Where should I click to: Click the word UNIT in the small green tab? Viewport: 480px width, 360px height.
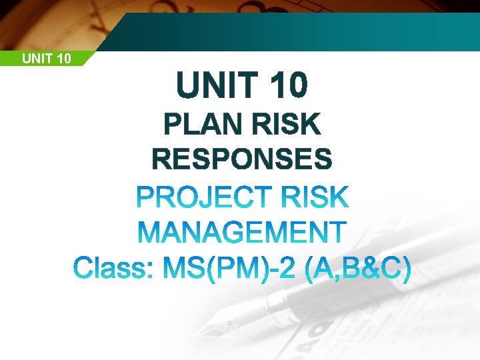[x=35, y=59]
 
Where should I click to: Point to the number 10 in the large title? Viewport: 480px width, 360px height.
[x=289, y=85]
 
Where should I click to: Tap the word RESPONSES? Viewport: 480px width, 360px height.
[x=242, y=160]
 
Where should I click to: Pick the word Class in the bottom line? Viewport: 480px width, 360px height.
[x=110, y=270]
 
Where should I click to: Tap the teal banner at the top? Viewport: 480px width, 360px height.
[x=300, y=30]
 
